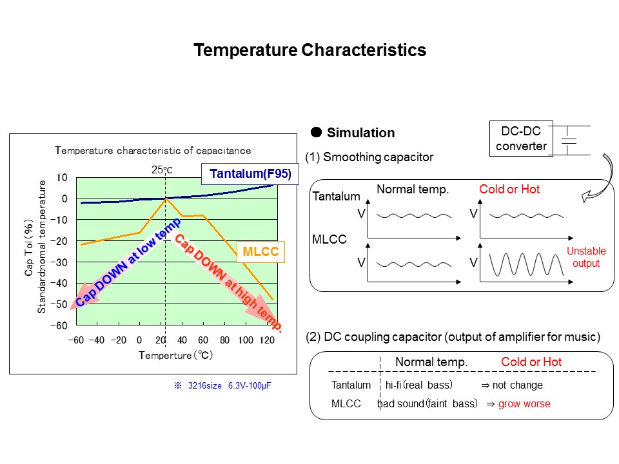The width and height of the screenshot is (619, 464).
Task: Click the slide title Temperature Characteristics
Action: tap(310, 50)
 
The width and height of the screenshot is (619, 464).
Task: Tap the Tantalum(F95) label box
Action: tap(250, 173)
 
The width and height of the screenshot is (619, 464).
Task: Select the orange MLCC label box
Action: tap(260, 252)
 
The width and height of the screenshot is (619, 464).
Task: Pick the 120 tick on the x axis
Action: tap(266, 340)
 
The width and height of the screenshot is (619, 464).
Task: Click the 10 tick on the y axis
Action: tap(62, 177)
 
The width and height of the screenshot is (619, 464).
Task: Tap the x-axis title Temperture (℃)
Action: tap(176, 355)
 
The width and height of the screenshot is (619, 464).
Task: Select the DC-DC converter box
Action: tap(522, 139)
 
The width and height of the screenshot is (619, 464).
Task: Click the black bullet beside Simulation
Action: tap(317, 132)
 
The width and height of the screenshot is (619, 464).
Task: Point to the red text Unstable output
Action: tap(585, 257)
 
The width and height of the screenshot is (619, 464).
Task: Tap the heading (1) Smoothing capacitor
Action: tap(369, 157)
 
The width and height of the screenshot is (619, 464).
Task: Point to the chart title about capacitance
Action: tap(153, 150)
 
